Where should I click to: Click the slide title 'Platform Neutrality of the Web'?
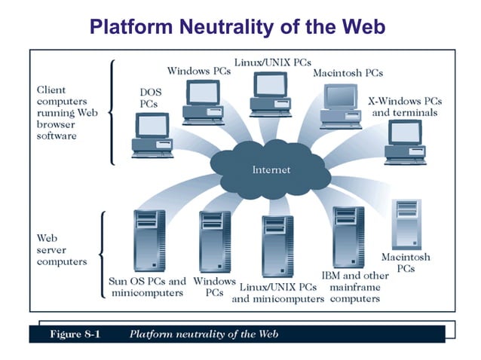[x=237, y=27]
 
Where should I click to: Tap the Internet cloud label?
[x=271, y=169]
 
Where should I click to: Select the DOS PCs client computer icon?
[x=152, y=136]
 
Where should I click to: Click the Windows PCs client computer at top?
[x=203, y=99]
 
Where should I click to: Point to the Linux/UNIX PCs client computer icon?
[x=269, y=95]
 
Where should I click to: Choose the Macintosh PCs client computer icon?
[x=340, y=106]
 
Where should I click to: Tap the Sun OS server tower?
[x=149, y=241]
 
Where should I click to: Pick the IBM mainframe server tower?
[x=348, y=237]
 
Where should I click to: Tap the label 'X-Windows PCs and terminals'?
[x=405, y=106]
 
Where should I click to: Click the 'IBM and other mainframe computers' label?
[x=354, y=287]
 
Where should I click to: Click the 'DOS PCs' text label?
[x=149, y=98]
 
